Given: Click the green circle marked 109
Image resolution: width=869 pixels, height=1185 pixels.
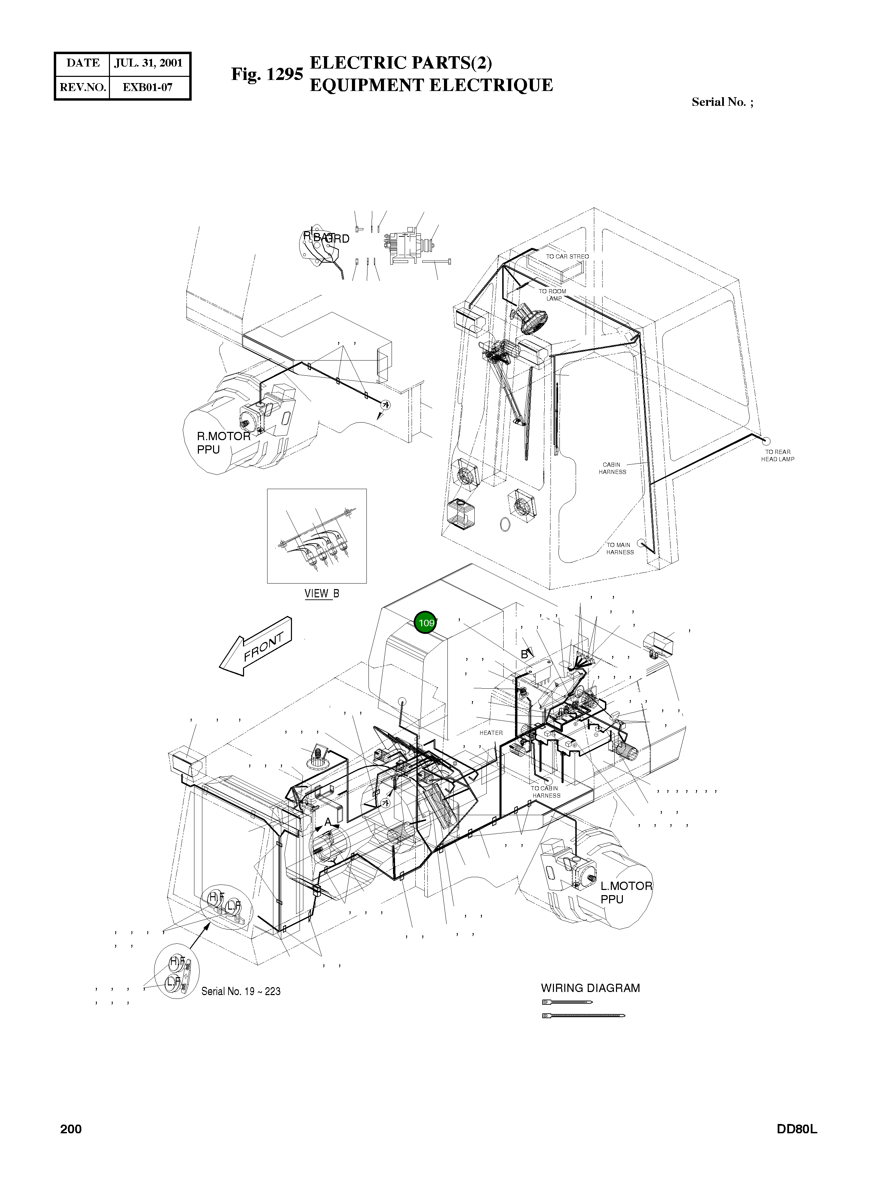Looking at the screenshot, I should click(426, 623).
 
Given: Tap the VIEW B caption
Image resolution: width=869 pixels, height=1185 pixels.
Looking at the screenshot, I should click(321, 593).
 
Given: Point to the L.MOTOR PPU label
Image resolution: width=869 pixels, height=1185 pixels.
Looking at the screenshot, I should click(626, 893).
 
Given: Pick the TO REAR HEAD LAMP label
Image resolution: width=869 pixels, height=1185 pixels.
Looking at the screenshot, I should click(777, 455).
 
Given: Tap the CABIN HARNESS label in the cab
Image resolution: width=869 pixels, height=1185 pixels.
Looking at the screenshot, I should click(612, 468).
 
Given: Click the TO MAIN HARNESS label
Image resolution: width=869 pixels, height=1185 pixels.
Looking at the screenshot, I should click(620, 549).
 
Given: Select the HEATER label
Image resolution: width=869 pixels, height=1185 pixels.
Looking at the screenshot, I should click(491, 733).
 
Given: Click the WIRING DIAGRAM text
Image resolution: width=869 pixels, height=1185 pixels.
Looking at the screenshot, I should click(590, 988).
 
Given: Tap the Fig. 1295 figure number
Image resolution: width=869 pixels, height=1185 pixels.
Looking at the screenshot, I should click(267, 74).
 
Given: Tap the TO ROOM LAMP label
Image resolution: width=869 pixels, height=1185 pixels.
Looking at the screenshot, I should click(552, 295).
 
